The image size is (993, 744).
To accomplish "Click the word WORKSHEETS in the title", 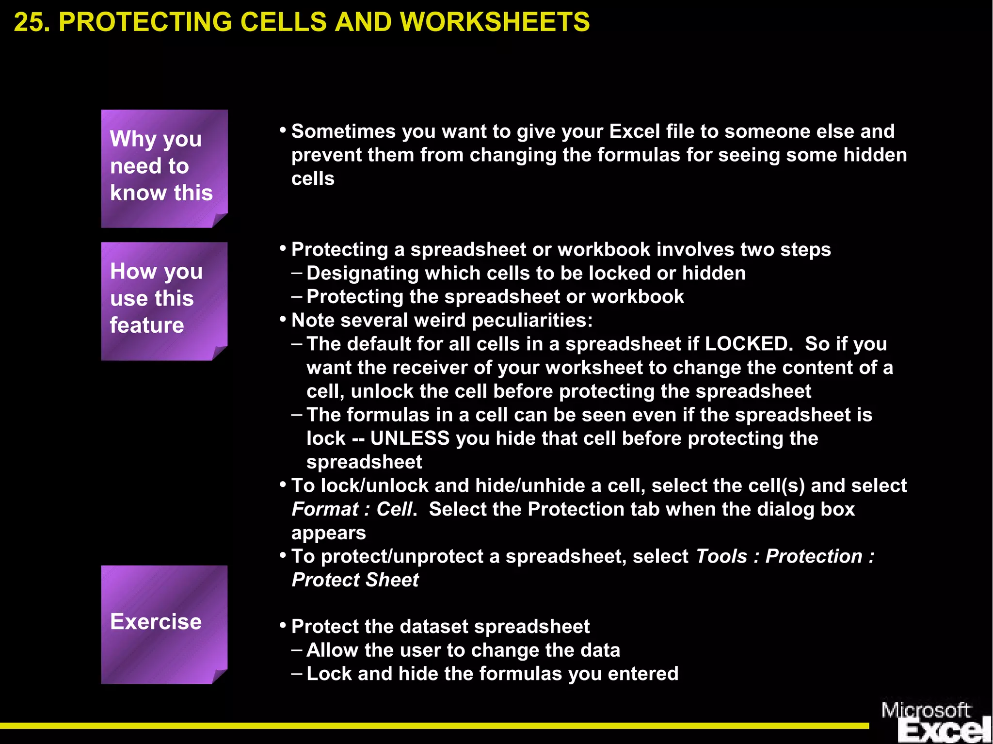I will pos(495,22).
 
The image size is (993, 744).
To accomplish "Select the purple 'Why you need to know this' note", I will pos(164,168).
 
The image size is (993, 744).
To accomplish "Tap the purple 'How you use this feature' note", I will pos(164,301).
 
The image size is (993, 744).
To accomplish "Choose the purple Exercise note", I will pos(164,624).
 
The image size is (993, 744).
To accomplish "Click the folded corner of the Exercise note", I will pos(219,676).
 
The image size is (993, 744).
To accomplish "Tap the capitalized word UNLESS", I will pos(410,438).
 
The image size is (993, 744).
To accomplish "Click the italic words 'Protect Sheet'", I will pos(355,580).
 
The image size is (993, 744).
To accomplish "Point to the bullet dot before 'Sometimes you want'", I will pos(283,130).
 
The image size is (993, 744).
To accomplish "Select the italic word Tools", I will pos(721,556).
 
